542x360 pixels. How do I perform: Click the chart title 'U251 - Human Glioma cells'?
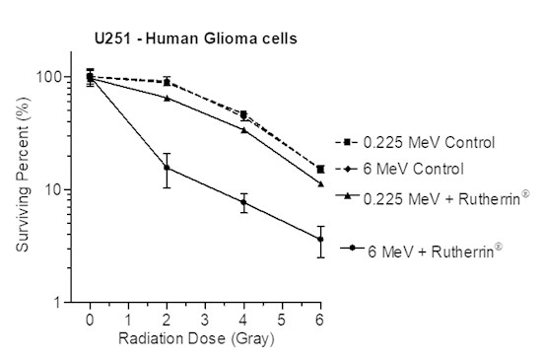[x=196, y=38]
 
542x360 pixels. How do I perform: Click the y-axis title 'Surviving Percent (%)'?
[x=23, y=175]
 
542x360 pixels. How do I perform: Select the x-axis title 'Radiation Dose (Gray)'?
[x=196, y=338]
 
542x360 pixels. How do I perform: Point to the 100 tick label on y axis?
[x=52, y=76]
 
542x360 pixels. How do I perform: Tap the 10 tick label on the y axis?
[x=56, y=189]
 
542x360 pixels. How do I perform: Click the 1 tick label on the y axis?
[x=58, y=303]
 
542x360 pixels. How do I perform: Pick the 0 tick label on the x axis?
[x=90, y=320]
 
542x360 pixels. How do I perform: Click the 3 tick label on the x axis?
[x=205, y=320]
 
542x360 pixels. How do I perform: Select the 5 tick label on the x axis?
[x=282, y=320]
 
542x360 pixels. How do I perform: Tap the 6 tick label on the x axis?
[x=320, y=320]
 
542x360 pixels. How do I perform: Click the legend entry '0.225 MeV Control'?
[x=415, y=142]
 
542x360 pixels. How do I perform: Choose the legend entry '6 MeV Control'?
[x=399, y=169]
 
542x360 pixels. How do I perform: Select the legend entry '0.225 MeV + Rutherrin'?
[x=432, y=198]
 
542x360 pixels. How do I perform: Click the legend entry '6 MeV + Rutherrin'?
[x=421, y=251]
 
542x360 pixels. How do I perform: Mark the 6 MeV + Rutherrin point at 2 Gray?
[x=167, y=168]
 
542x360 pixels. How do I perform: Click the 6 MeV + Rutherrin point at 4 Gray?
[x=243, y=202]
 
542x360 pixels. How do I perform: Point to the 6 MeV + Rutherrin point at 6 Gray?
[x=320, y=239]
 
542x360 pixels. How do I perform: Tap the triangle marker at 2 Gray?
[x=167, y=99]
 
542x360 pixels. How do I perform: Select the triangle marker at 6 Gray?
[x=320, y=183]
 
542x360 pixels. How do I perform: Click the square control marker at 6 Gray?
[x=320, y=169]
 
